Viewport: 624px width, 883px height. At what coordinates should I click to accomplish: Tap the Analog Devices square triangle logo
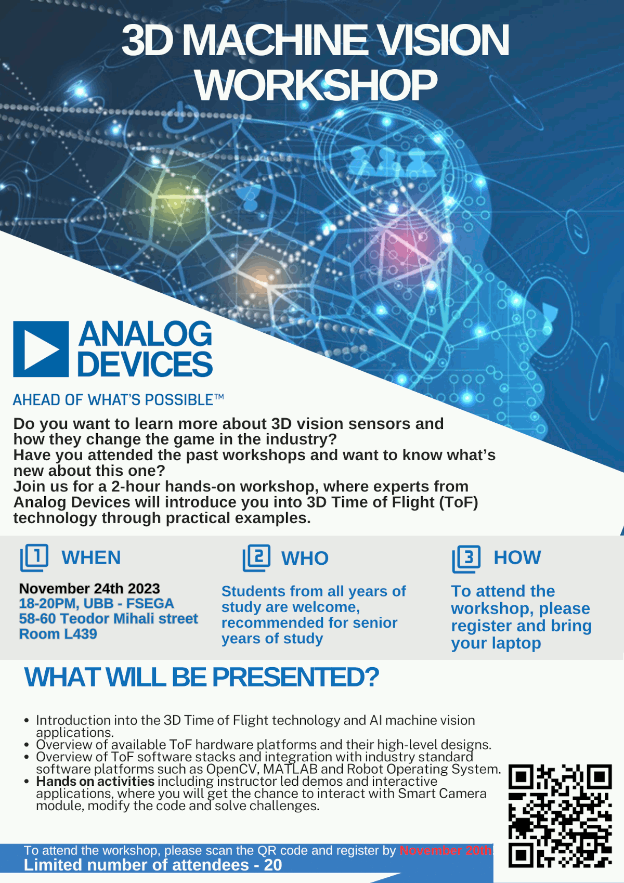click(41, 349)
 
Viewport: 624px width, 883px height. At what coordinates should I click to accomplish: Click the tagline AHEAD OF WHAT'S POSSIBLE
click(118, 400)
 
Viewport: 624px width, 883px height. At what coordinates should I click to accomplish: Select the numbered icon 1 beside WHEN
click(34, 557)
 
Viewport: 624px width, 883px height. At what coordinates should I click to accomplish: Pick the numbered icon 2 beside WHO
click(256, 558)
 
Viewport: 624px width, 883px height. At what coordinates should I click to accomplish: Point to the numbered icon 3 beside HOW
click(466, 559)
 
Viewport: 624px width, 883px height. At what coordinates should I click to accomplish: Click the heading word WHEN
click(91, 557)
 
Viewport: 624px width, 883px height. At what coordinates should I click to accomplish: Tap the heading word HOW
click(517, 557)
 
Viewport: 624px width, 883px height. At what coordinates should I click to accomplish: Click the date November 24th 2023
click(89, 589)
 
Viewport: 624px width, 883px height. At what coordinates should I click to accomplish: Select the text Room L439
click(58, 634)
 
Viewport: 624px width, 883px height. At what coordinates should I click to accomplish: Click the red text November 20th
click(446, 850)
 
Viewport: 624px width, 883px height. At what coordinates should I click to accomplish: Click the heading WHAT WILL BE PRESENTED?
click(201, 677)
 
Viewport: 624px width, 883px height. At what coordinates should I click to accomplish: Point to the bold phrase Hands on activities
click(95, 781)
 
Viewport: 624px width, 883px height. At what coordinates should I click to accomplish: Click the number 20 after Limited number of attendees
click(273, 865)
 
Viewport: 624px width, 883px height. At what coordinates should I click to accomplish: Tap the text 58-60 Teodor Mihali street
click(108, 618)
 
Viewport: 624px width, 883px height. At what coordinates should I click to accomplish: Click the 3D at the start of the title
click(148, 40)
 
